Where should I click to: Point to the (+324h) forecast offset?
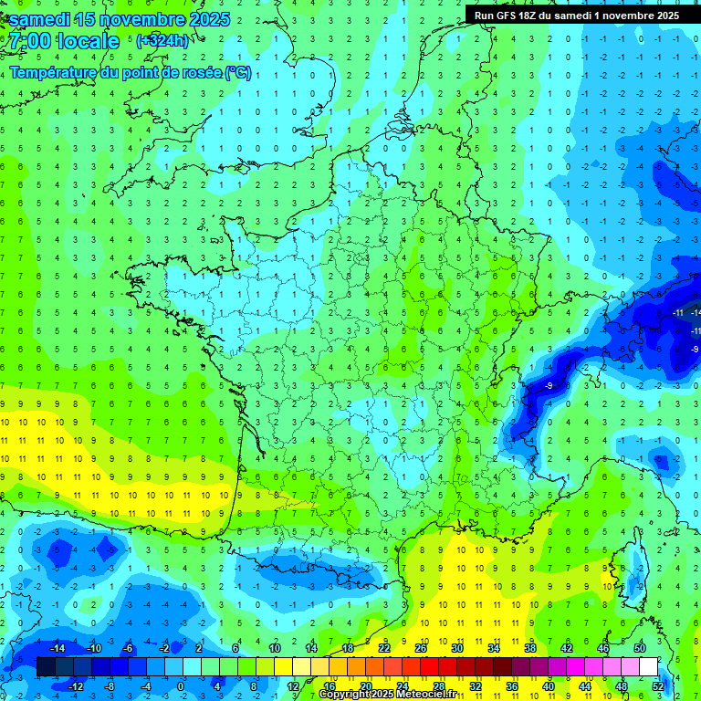coord(162,40)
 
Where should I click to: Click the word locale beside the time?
coord(89,41)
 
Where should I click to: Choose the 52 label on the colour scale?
coord(658,685)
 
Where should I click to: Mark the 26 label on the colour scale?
coord(421,648)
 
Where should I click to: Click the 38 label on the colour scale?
coord(530,648)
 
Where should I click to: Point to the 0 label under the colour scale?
coord(181,685)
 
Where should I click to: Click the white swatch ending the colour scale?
coord(648,666)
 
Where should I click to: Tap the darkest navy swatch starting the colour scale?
coord(46,666)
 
